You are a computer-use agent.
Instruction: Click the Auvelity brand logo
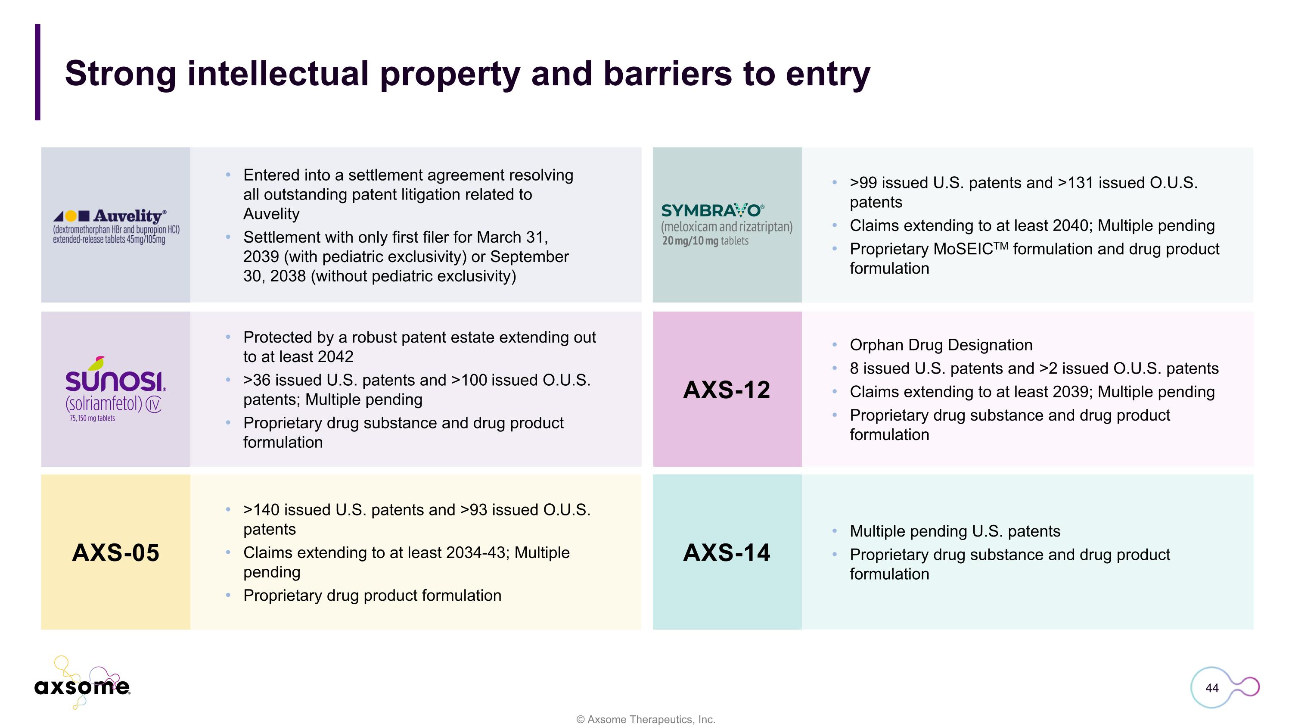(116, 226)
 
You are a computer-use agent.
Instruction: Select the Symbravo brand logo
(726, 224)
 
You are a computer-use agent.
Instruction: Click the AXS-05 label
(115, 552)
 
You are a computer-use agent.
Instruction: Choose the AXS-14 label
(726, 552)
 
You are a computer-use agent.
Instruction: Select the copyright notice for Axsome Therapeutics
(646, 719)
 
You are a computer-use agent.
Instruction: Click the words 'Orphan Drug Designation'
(941, 345)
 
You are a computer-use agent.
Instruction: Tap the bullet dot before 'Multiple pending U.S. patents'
(834, 531)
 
